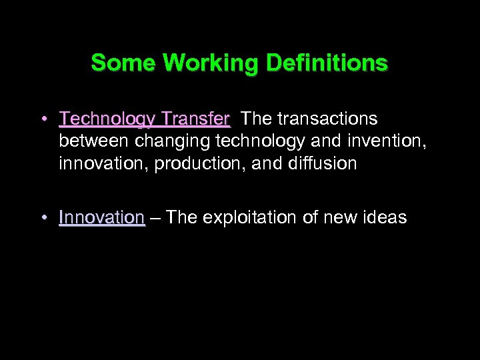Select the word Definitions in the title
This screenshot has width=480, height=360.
pyautogui.click(x=327, y=63)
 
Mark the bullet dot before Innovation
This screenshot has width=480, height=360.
pyautogui.click(x=43, y=218)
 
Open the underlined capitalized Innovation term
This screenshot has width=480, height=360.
pyautogui.click(x=101, y=217)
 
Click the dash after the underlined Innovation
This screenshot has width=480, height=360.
pyautogui.click(x=155, y=218)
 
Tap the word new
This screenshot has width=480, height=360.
pyautogui.click(x=347, y=218)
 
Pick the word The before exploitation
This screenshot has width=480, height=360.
pyautogui.click(x=182, y=217)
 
